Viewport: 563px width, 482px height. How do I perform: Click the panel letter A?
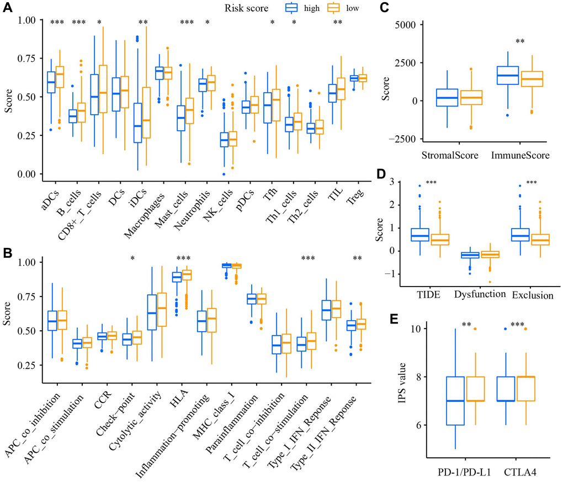[8, 9]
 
